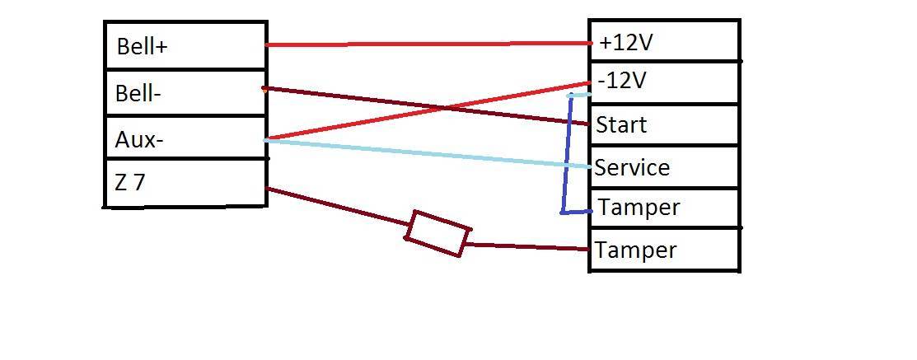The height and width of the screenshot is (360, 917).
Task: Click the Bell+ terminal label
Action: pos(142,47)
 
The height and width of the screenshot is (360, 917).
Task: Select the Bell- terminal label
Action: pos(138,94)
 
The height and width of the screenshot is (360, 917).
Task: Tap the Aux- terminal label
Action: pos(139,140)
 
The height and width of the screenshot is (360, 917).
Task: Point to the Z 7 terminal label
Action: pos(130,183)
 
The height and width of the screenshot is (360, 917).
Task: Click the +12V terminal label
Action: pos(626,42)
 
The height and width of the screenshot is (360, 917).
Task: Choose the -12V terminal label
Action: pos(624,82)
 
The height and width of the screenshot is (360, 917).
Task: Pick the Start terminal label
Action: pos(621,125)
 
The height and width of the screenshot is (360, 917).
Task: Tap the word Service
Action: pos(632,168)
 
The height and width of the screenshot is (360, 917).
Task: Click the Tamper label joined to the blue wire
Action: pos(639,208)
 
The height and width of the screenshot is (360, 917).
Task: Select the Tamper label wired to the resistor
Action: pos(635,250)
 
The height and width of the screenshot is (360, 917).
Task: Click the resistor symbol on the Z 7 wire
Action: pos(437,233)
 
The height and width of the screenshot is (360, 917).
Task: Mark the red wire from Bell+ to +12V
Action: pos(428,44)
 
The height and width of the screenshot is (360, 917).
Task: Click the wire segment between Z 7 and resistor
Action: pos(338,207)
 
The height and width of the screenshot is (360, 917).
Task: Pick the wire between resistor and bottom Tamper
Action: pos(527,246)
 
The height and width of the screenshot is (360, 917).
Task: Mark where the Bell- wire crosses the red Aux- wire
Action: pos(446,109)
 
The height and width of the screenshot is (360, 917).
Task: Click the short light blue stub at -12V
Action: pos(580,95)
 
